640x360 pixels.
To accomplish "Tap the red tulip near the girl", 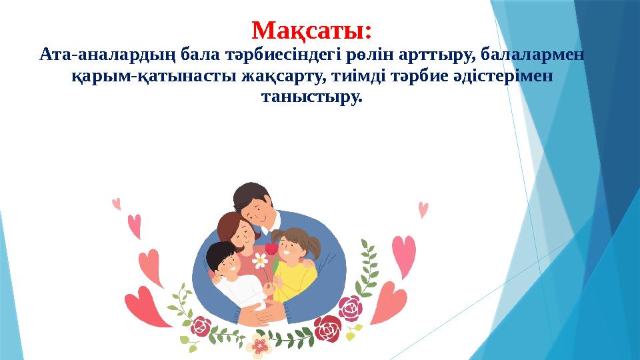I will (271, 249).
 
